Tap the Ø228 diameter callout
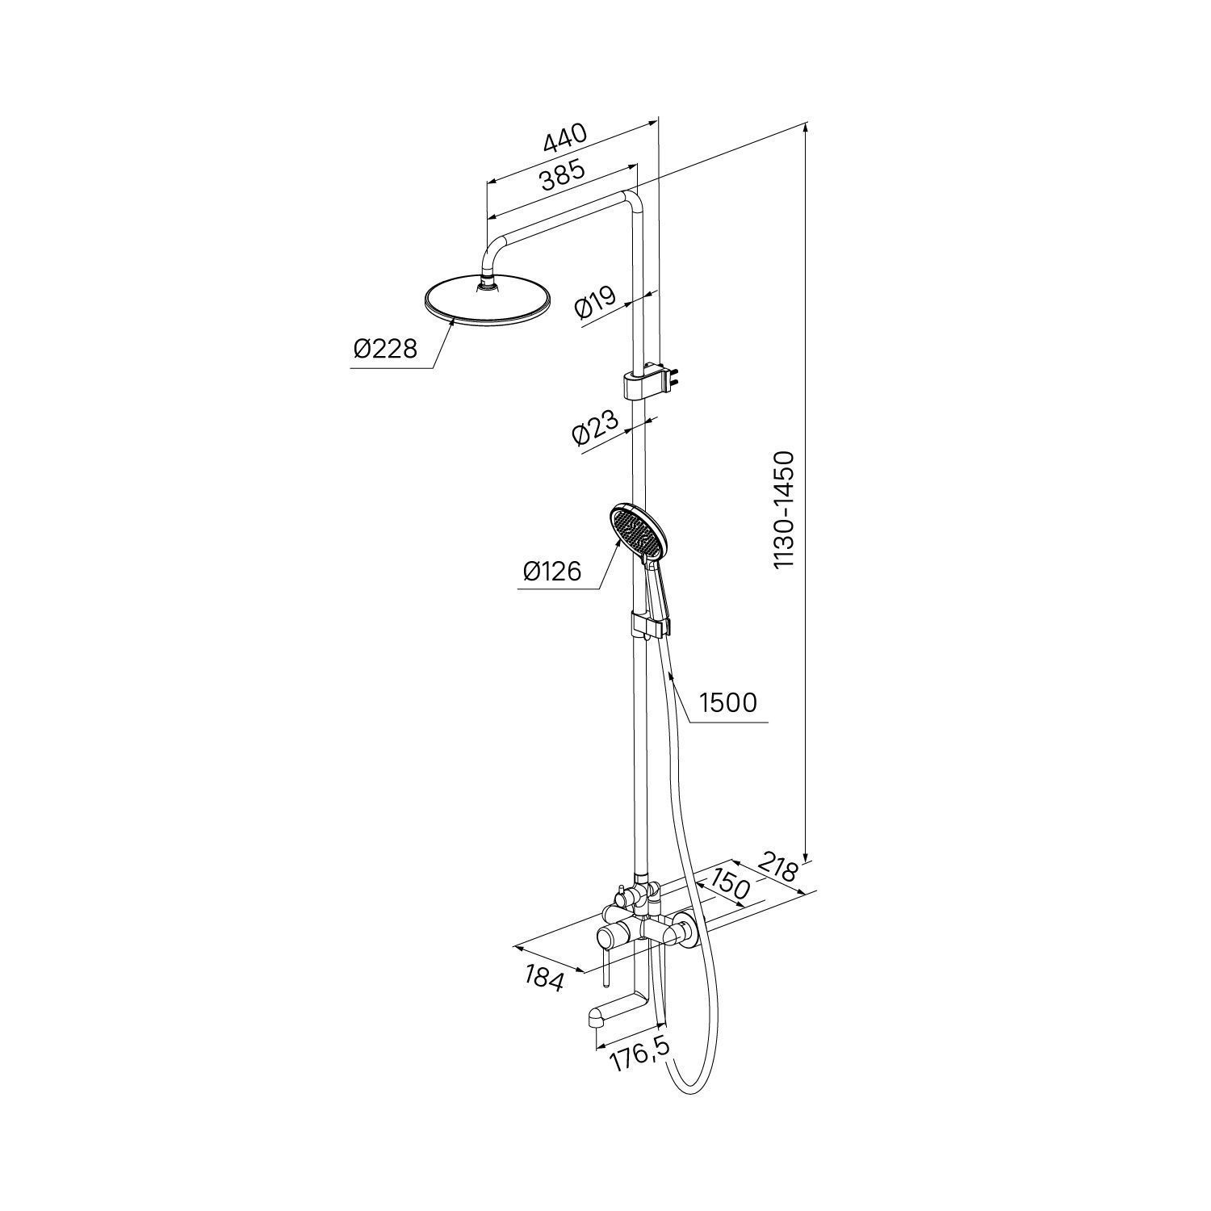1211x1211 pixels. pos(385,349)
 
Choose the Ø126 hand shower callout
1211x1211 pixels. pos(552,572)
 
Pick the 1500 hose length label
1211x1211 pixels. pos(728,702)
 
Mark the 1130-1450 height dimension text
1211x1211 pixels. pos(784,510)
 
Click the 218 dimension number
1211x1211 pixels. pos(778,870)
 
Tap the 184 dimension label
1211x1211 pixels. pos(544,977)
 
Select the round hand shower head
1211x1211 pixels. pos(638,534)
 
